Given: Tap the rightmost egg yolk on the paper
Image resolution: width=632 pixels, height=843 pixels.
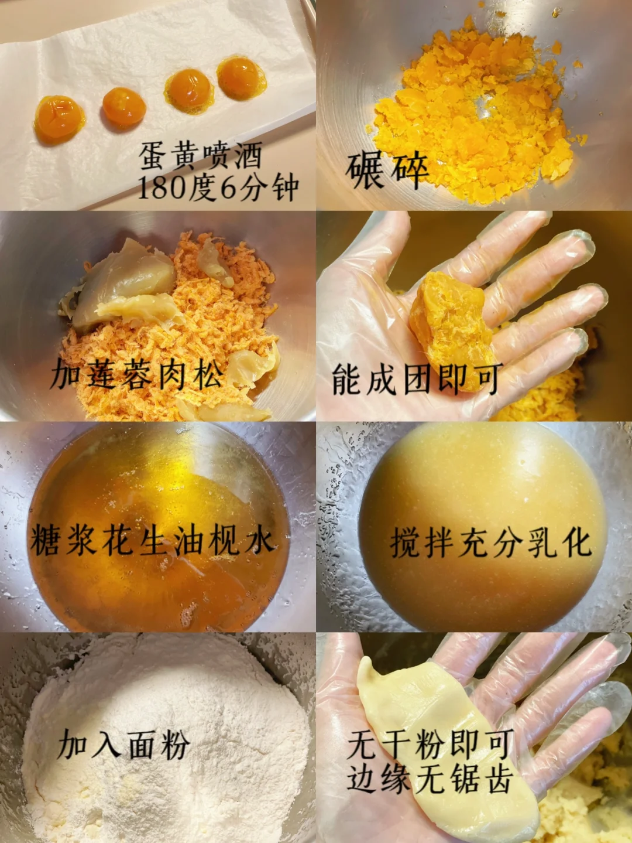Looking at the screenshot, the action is click(x=242, y=78).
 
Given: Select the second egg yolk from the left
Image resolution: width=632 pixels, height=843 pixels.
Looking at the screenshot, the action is click(x=124, y=107).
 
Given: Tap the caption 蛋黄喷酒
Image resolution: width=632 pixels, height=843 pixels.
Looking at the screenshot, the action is click(x=201, y=156).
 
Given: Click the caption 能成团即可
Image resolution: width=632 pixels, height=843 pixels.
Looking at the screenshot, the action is click(x=417, y=379).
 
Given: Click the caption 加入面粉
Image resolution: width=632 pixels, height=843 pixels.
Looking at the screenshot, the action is click(x=124, y=744).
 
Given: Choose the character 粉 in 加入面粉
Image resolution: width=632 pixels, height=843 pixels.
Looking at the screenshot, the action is click(x=175, y=744).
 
